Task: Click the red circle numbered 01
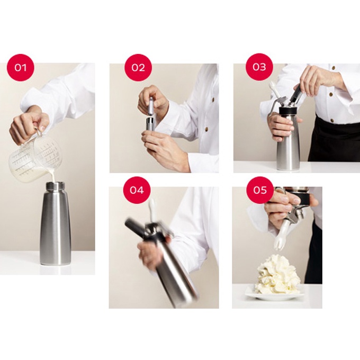pyautogui.click(x=21, y=68)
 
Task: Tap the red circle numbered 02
pyautogui.click(x=138, y=68)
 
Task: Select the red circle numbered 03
pyautogui.click(x=259, y=67)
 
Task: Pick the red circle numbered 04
pyautogui.click(x=137, y=190)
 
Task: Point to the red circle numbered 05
pyautogui.click(x=260, y=190)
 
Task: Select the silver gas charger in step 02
pyautogui.click(x=151, y=106)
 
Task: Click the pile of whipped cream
pyautogui.click(x=277, y=274)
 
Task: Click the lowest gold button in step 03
pyautogui.click(x=331, y=120)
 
